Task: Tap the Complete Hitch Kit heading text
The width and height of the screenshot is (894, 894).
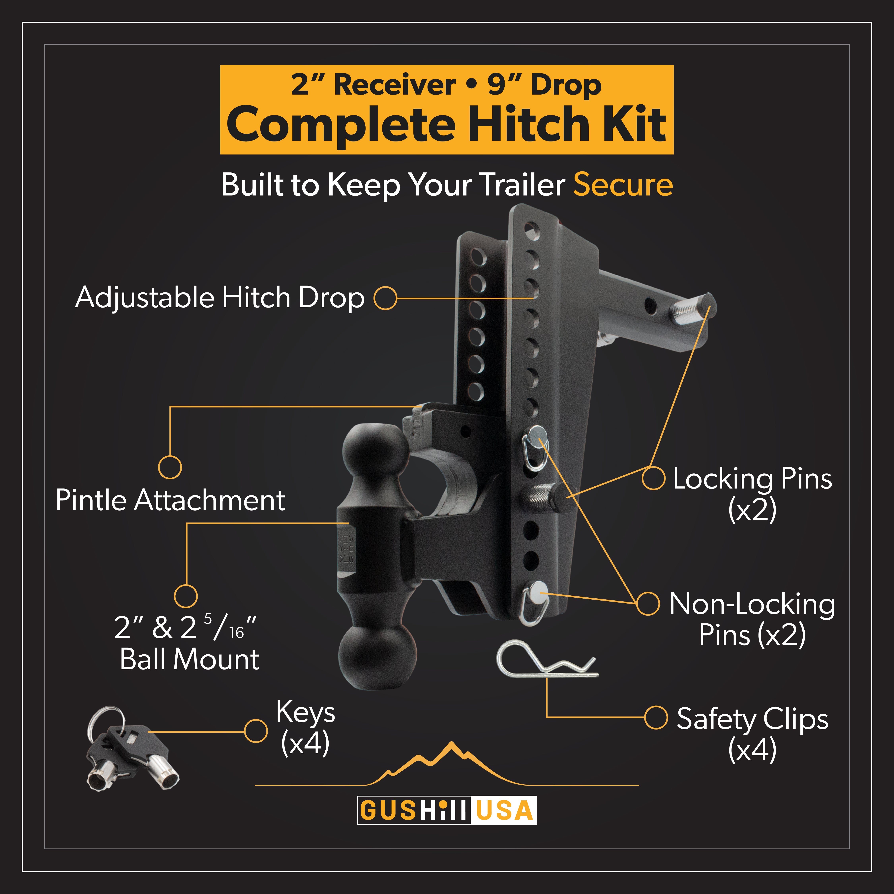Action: [447, 124]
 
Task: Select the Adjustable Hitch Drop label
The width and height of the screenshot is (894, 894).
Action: [220, 298]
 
